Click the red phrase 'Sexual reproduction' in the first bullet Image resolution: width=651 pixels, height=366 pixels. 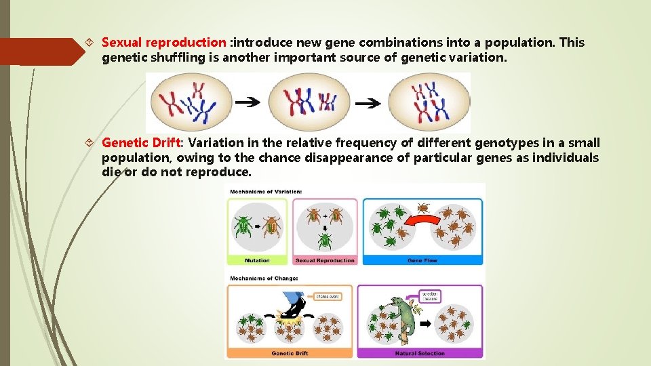pos(163,43)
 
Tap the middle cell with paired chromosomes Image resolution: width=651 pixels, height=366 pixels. pos(309,102)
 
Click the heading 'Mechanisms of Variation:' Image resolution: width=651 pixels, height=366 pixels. pos(266,191)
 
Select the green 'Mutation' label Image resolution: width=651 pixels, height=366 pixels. pos(257,260)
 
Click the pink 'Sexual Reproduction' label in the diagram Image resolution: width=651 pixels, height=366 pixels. pos(325,260)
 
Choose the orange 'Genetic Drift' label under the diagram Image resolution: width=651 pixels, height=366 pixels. pos(290,353)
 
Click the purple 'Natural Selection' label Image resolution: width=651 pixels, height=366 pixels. pos(420,353)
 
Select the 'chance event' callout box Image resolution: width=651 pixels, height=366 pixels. pos(326,296)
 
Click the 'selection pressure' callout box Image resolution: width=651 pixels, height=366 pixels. pos(430,296)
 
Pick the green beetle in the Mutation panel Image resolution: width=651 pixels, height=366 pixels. pos(243,226)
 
